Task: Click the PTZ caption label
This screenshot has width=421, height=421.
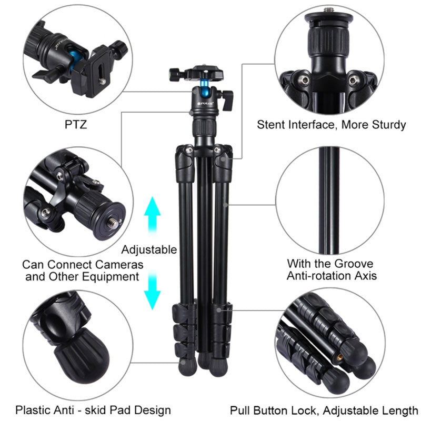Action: point(76,125)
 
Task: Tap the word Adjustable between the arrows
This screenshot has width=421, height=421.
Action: point(149,250)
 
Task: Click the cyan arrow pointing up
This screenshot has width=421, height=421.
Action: point(152,217)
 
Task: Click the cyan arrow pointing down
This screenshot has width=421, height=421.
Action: point(152,290)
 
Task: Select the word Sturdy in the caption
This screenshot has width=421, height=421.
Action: point(389,125)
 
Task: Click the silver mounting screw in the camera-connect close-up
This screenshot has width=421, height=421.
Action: point(114,222)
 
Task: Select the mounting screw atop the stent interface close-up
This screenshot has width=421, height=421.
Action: point(328,10)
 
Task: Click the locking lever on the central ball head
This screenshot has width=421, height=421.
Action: point(228,100)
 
